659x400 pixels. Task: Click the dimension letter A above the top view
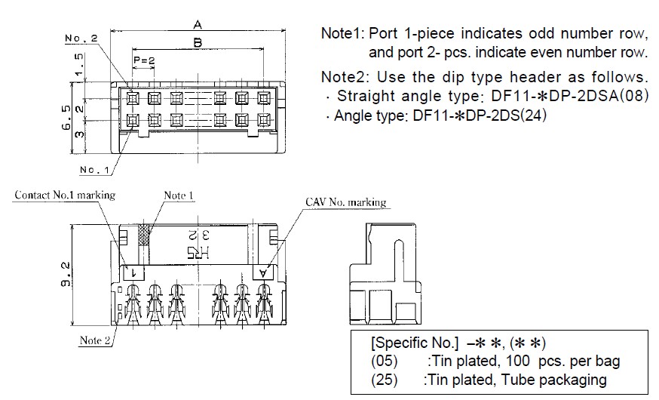point(198,25)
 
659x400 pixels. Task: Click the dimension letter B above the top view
point(198,42)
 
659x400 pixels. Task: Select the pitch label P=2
point(144,60)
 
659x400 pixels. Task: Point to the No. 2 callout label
point(81,38)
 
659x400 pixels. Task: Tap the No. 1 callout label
point(94,170)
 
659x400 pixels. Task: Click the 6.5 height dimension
point(66,118)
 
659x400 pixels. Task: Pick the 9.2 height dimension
point(66,274)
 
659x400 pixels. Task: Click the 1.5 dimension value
point(79,66)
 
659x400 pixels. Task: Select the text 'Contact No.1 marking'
point(65,195)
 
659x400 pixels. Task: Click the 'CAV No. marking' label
point(346,202)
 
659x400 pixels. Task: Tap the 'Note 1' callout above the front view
point(179,195)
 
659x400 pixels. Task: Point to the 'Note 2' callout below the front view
point(95,340)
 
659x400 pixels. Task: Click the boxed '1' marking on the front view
point(133,273)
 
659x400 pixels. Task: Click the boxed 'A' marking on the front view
point(263,273)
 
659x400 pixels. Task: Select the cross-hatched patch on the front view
point(144,234)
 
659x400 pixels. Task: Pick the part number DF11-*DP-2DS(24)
point(480,115)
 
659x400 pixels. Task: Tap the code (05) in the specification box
point(384,361)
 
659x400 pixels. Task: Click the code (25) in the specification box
point(384,380)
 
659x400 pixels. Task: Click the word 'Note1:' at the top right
point(343,33)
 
